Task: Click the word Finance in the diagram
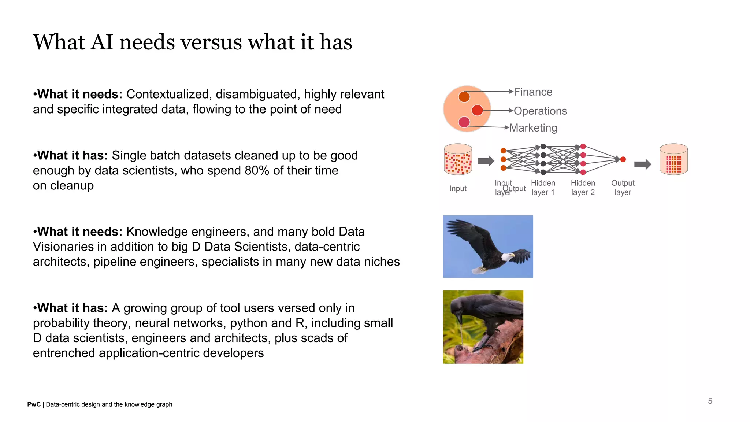533,92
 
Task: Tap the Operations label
540,111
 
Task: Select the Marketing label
533,128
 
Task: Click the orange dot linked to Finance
464,97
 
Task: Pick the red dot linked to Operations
477,110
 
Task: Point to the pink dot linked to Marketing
464,122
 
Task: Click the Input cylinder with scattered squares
458,159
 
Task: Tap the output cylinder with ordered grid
673,159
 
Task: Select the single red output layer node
623,159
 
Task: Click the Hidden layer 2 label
583,188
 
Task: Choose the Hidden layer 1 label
543,188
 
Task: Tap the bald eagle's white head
507,257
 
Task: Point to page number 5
710,401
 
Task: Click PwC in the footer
34,404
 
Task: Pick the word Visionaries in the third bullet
63,247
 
